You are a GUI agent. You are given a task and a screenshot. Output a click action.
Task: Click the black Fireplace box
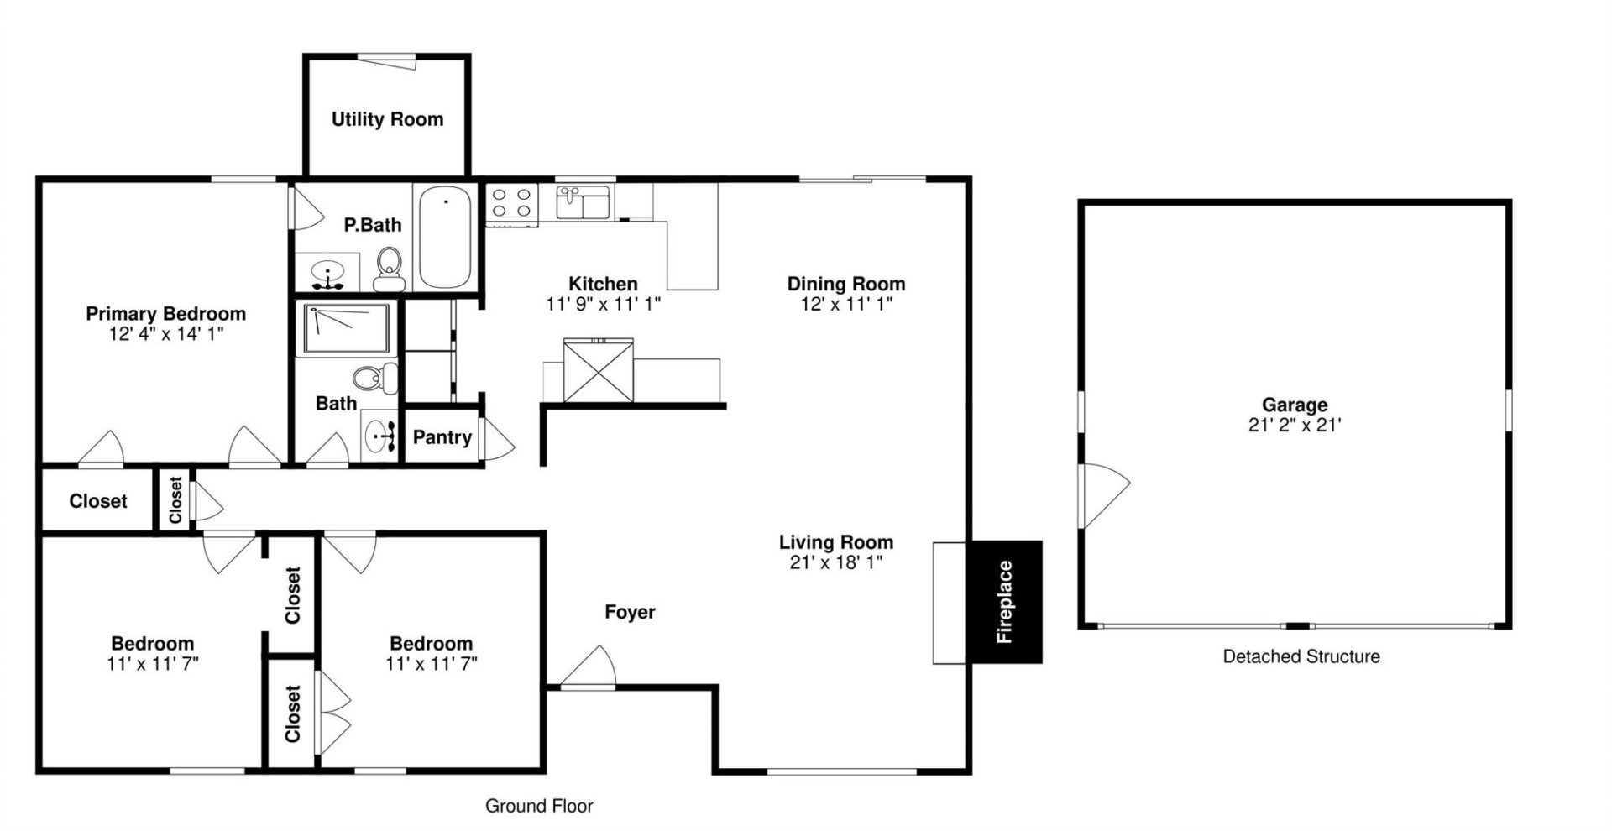click(x=1005, y=602)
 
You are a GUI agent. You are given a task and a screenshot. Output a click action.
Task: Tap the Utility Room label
click(x=387, y=119)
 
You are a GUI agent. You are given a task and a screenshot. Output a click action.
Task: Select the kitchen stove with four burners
click(x=511, y=204)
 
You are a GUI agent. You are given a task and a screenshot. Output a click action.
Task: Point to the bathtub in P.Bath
click(x=446, y=237)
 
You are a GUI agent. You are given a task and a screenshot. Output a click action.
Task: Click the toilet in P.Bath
click(x=389, y=264)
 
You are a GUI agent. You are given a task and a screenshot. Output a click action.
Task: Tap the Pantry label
click(x=442, y=437)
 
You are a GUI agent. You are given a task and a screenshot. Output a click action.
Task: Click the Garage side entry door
click(x=1103, y=495)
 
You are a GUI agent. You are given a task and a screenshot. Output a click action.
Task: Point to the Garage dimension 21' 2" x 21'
click(x=1294, y=426)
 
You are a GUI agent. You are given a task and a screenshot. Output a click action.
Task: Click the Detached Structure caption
click(x=1301, y=656)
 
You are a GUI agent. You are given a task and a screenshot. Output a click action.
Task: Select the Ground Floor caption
click(x=539, y=806)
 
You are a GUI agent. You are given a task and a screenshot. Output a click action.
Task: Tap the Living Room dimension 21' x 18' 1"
click(x=835, y=562)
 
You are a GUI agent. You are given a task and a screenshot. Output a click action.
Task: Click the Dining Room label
click(x=845, y=284)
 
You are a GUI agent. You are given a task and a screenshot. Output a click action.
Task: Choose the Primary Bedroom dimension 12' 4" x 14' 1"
click(x=165, y=334)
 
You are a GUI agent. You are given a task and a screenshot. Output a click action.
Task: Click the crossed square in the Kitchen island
click(x=599, y=370)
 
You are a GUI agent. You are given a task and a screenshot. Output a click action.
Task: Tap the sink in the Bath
click(x=383, y=436)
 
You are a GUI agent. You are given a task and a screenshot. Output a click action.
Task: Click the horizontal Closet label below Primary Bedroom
click(x=98, y=501)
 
